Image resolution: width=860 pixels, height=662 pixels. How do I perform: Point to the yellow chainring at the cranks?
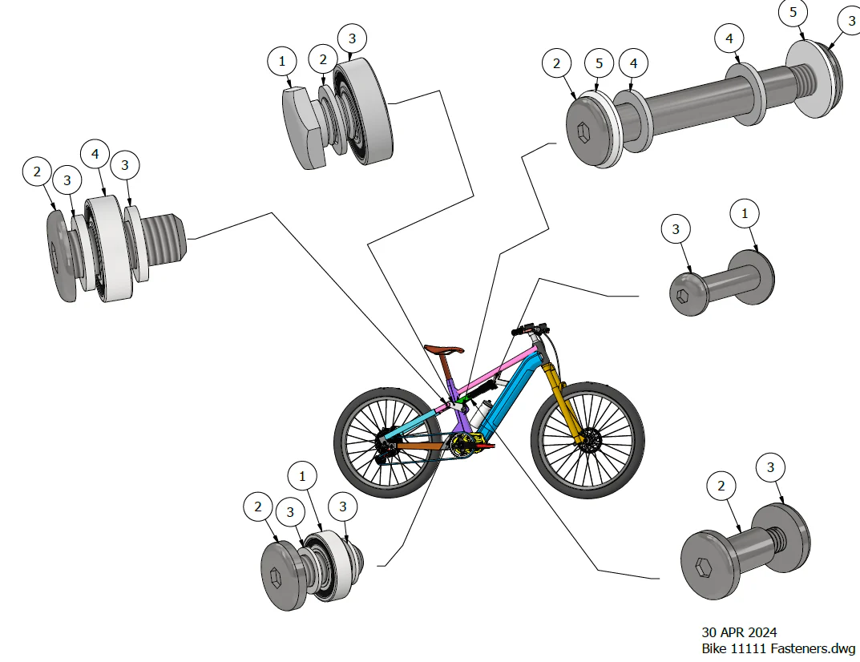coord(463,444)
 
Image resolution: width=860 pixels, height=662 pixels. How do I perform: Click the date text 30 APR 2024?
coord(739,632)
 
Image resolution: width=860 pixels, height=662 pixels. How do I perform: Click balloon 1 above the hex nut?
coord(281,60)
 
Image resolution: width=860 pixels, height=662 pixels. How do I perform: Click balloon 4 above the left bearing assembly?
coord(95,153)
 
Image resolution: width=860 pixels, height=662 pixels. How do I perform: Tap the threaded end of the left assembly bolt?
coord(171,234)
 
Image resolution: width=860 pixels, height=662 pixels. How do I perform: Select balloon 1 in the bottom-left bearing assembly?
coord(302,476)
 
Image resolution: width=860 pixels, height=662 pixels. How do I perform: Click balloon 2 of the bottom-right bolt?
coord(721,486)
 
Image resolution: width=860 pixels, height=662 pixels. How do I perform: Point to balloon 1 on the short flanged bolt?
coord(745,214)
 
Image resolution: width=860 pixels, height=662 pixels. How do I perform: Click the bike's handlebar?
coord(531,329)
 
